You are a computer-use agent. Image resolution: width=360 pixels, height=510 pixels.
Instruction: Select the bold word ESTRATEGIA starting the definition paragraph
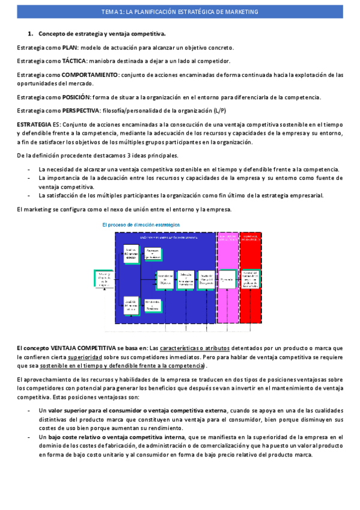click(34, 124)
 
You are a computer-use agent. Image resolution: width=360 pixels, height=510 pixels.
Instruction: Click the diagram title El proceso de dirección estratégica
click(141, 224)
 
